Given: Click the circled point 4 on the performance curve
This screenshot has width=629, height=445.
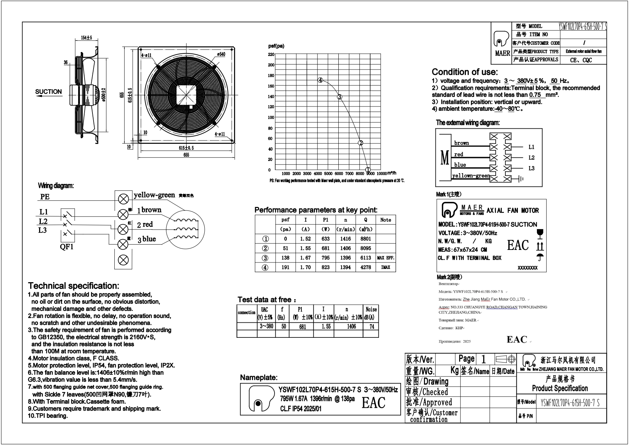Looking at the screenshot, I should (x=320, y=80).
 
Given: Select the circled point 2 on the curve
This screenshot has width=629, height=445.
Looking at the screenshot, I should (x=361, y=143).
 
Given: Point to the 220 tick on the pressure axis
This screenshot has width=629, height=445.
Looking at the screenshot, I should (x=271, y=55).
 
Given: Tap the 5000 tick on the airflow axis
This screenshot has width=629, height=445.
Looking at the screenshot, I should (x=328, y=174).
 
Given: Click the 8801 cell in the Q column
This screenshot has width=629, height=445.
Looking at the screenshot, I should (x=366, y=239).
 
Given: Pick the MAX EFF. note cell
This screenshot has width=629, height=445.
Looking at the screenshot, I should (x=386, y=258).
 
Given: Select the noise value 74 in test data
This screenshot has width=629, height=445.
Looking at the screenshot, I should (x=372, y=326).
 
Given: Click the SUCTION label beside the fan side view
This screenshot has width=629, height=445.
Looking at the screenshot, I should (x=48, y=92).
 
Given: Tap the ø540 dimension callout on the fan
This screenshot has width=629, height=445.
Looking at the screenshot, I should (x=221, y=54).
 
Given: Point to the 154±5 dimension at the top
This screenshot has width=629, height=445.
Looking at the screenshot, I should (x=86, y=38).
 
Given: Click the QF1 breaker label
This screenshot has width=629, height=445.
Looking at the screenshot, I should (x=67, y=247).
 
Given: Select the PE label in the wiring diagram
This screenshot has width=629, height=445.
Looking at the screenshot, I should (x=45, y=197).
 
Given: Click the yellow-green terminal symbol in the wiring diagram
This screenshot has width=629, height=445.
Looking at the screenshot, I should (x=123, y=198).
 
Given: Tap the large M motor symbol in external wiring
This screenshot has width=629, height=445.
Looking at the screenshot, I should (x=445, y=158).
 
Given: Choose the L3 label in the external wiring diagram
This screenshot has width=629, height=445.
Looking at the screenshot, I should (x=531, y=168).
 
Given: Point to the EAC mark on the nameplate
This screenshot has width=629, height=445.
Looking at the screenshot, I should (x=373, y=403).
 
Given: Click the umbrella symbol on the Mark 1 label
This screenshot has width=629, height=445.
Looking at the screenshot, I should (x=540, y=257).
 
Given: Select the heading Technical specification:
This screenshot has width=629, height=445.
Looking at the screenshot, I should (x=73, y=286).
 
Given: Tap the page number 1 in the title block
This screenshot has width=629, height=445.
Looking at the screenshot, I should (x=483, y=359).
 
